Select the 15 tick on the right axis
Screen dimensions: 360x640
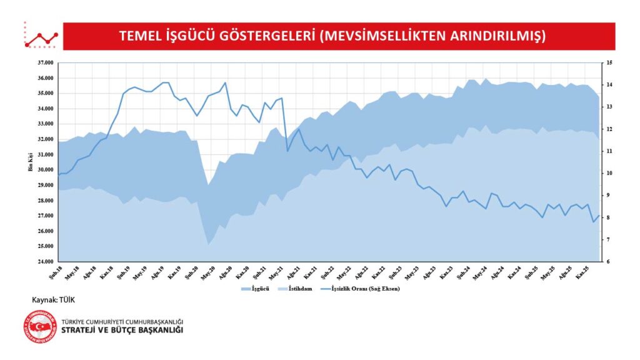pos(609,63)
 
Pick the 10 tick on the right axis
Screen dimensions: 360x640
pos(609,173)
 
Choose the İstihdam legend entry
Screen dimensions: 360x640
pos(299,289)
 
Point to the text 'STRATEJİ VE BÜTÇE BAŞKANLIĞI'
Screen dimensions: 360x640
pos(122,331)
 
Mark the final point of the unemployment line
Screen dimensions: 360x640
pos(599,216)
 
